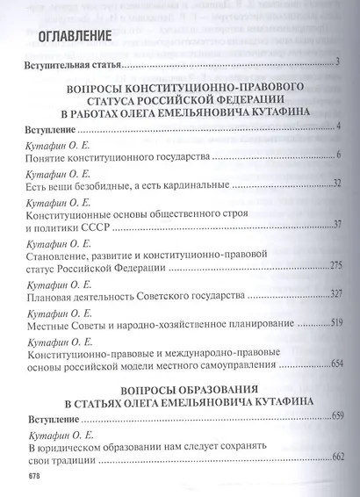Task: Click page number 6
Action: coord(337,155)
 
